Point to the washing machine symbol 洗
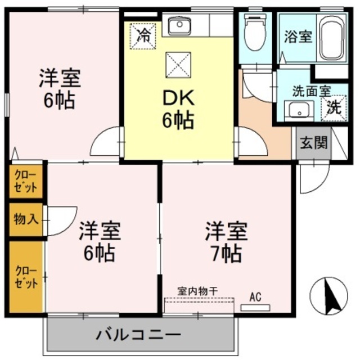(334, 107)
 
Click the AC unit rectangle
(255, 307)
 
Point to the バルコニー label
(137, 336)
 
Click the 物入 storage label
(26, 218)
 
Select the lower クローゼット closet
(26, 276)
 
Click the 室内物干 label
(197, 291)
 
